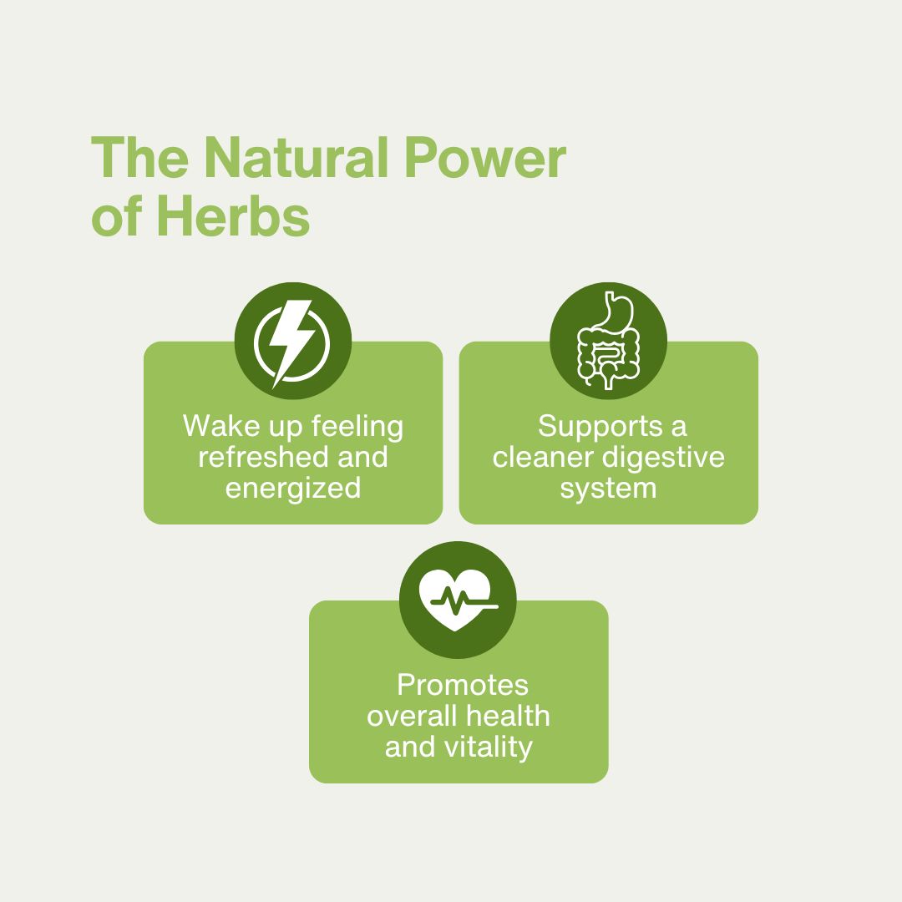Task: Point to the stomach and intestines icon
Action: pos(609,342)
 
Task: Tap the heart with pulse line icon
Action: pos(458,600)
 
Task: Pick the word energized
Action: pos(293,488)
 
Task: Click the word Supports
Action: pos(590,427)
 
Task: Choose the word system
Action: pos(608,488)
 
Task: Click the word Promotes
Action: pos(463,686)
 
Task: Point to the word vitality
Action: pos(489,747)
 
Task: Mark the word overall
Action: pos(412,716)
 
